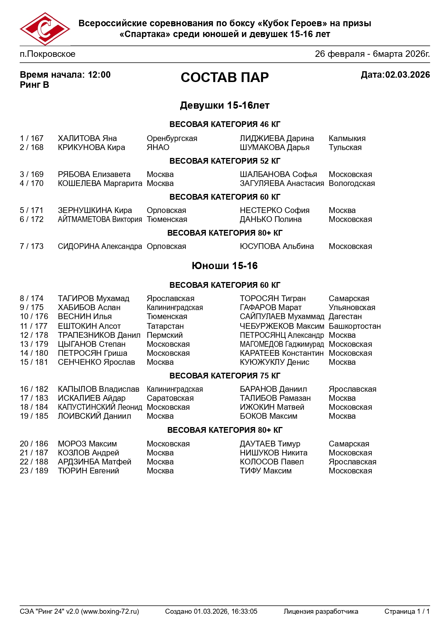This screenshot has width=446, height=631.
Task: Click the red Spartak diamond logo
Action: (45, 29)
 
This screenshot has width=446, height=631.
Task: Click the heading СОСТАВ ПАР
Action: (224, 77)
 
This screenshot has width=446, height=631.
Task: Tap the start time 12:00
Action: (99, 75)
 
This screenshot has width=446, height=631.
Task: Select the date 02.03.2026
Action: (408, 75)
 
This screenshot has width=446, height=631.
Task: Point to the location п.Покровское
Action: (47, 54)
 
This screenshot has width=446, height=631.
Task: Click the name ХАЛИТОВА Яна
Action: (87, 139)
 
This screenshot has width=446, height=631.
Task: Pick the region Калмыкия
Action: (347, 139)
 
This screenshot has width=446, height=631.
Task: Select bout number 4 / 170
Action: (32, 183)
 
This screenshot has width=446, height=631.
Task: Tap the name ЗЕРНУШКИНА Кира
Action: (95, 210)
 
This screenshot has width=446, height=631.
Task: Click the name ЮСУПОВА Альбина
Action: (277, 246)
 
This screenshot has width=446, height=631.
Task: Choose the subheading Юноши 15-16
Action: (224, 266)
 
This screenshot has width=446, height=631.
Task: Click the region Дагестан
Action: (345, 317)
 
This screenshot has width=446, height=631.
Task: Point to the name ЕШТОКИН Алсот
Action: (89, 326)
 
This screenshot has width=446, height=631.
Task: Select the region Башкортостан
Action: (355, 326)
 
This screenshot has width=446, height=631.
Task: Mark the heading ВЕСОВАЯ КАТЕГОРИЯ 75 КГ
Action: (224, 376)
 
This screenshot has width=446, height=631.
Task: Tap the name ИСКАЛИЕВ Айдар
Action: (92, 398)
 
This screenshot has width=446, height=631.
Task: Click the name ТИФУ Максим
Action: (266, 471)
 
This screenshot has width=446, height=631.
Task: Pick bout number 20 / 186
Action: (34, 444)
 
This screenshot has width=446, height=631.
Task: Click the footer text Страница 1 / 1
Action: (407, 612)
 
